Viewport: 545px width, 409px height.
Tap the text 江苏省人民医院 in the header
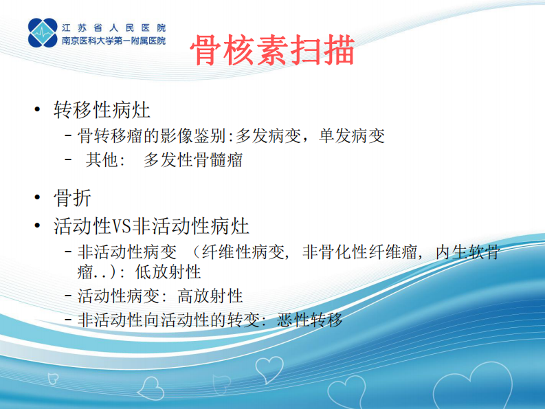(x=113, y=28)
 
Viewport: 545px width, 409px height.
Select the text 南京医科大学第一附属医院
(x=113, y=41)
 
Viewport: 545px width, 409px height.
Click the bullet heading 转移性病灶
(x=102, y=109)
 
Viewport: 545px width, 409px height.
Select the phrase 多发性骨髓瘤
(x=193, y=160)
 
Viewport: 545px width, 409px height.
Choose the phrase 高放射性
(x=211, y=296)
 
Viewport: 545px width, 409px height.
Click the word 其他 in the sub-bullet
(x=102, y=160)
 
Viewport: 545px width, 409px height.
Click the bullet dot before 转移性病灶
(x=36, y=110)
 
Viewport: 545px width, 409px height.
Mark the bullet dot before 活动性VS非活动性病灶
(x=36, y=225)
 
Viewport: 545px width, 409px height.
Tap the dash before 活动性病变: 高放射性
(x=68, y=296)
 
